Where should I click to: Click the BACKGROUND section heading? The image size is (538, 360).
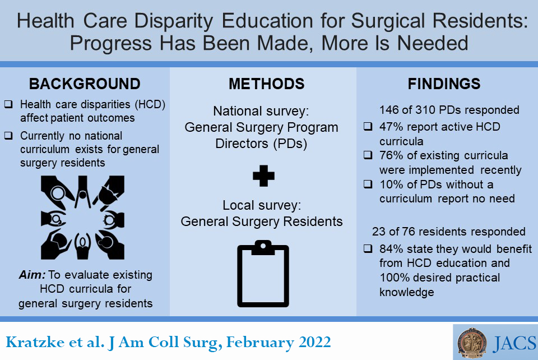[x=85, y=84]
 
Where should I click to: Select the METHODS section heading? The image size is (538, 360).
[x=266, y=84]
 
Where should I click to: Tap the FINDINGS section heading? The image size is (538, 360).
[x=444, y=84]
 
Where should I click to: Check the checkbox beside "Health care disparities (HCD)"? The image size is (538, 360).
[x=8, y=105]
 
